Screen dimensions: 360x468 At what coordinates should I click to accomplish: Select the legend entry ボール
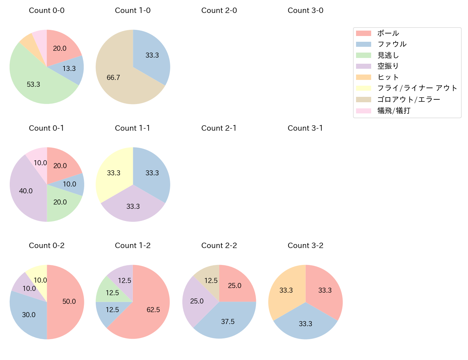point(388,33)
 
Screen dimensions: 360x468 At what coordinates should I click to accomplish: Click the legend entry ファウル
point(392,44)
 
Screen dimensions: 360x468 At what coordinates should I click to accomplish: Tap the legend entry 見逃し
point(388,55)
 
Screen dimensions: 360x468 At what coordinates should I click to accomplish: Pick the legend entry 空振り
point(388,66)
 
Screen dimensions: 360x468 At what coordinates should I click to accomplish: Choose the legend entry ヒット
point(388,77)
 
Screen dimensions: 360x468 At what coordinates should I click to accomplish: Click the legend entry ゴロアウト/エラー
point(409,99)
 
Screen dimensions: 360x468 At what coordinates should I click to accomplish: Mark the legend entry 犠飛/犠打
point(394,111)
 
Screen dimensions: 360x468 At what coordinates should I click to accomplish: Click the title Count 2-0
point(219,10)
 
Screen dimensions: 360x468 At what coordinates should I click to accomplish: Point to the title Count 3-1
point(305,128)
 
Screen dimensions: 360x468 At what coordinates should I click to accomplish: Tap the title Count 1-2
point(132,246)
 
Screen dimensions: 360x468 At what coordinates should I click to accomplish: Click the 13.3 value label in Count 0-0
point(69,68)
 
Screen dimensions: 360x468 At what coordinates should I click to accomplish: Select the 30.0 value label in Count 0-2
point(29,315)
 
